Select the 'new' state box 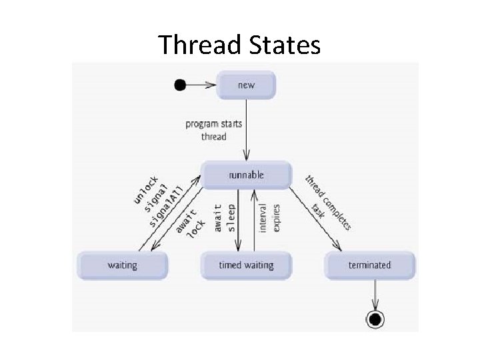247,85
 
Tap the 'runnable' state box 247,175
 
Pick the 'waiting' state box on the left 123,265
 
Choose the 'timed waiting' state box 247,265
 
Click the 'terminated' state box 369,265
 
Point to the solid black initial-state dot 179,85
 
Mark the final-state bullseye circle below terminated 375,320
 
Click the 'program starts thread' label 213,130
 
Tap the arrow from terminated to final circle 375,293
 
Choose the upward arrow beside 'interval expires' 254,220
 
